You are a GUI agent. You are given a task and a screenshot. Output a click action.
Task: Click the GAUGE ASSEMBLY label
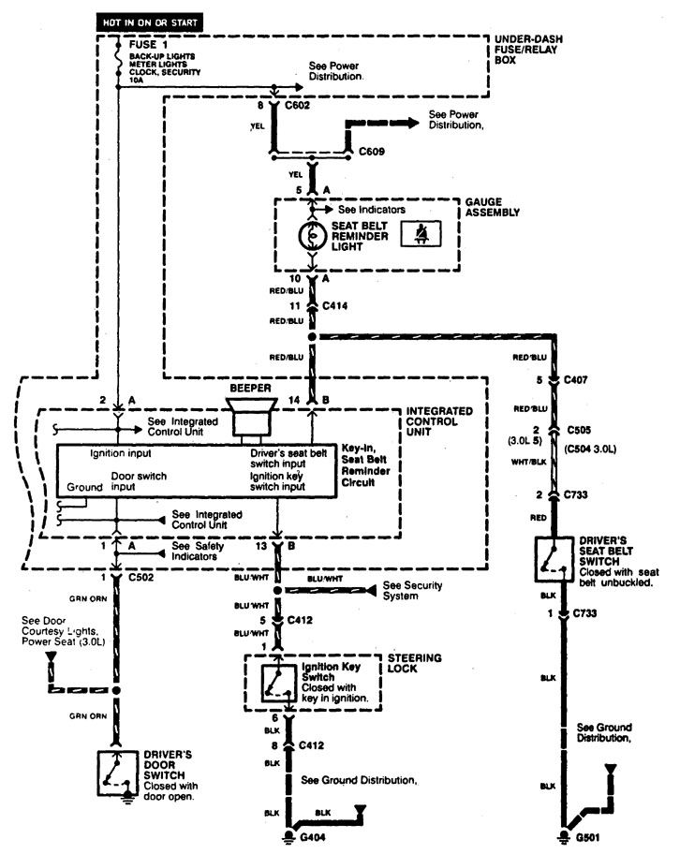coord(492,207)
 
